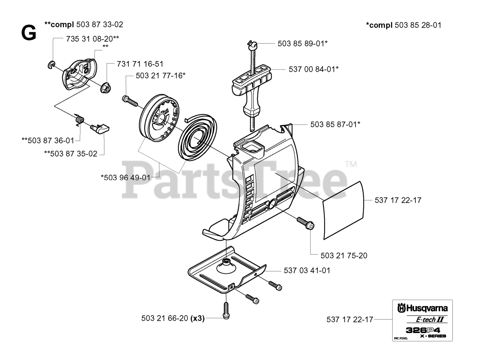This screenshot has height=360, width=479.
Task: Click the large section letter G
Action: pyautogui.click(x=29, y=34)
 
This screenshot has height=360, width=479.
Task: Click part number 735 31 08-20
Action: pyautogui.click(x=92, y=39)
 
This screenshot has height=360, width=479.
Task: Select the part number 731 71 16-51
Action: pyautogui.click(x=140, y=64)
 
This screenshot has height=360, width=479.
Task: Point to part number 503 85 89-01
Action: pyautogui.click(x=302, y=43)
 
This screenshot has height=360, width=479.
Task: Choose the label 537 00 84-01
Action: pyautogui.click(x=314, y=69)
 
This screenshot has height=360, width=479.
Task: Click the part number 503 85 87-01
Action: pyautogui.click(x=335, y=124)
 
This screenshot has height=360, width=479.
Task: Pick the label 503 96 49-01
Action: pyautogui.click(x=125, y=177)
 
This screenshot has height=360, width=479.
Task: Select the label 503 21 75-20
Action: pyautogui.click(x=344, y=256)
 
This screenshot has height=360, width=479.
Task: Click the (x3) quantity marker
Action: pyautogui.click(x=197, y=319)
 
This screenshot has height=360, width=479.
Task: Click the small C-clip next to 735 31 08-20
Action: pyautogui.click(x=52, y=65)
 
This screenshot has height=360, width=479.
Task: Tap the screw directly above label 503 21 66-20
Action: pyautogui.click(x=226, y=311)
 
